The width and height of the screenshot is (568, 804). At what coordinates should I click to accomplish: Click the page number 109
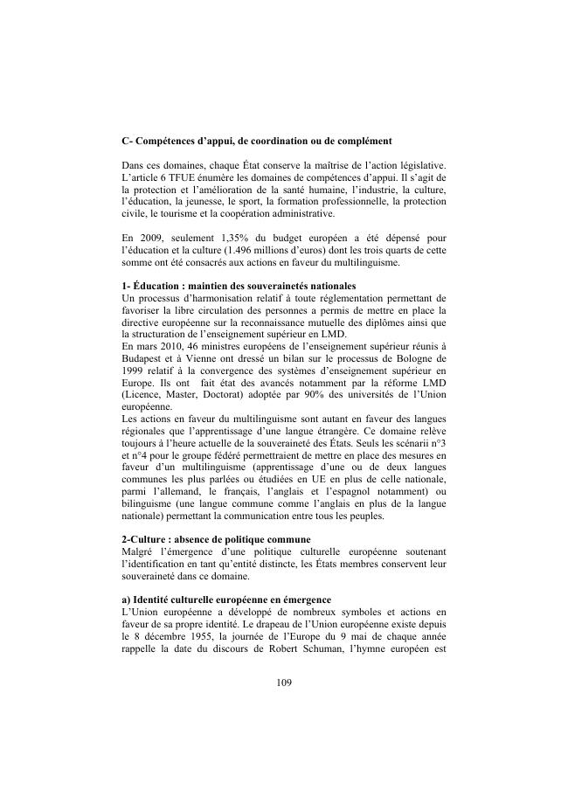coord(283,683)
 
